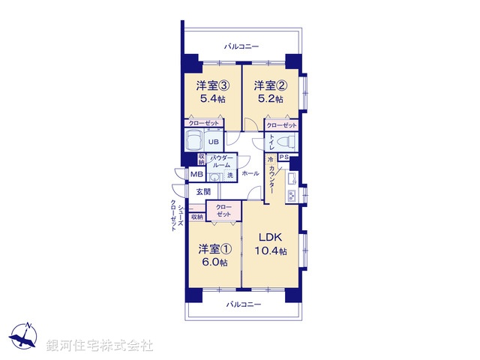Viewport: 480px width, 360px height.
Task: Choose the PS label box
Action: (284, 157)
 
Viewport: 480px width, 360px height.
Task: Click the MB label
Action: (195, 175)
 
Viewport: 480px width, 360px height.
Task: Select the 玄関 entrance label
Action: (204, 192)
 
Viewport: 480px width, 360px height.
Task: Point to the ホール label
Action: (250, 174)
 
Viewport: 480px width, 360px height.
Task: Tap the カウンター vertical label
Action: (272, 181)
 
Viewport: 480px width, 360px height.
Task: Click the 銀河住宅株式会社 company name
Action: (100, 345)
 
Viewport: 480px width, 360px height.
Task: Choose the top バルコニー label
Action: (241, 46)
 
